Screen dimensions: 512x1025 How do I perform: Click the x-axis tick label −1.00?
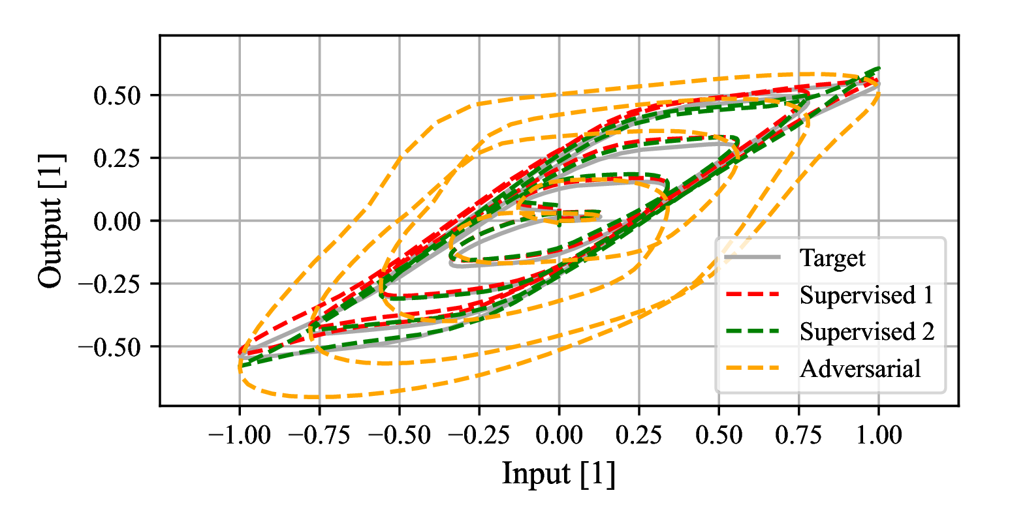(239, 435)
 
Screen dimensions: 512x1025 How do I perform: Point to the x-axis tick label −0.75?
(319, 435)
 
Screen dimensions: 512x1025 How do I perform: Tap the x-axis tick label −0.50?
(399, 435)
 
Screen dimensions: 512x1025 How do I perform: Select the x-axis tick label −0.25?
(479, 435)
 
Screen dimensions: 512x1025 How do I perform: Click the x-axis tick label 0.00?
(559, 435)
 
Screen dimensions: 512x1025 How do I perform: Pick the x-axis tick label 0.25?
(639, 435)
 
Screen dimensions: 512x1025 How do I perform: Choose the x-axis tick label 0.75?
(798, 435)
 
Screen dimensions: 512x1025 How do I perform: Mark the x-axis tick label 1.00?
(879, 435)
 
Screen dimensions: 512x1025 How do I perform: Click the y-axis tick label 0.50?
(118, 96)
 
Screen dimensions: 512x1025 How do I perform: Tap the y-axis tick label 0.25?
(118, 158)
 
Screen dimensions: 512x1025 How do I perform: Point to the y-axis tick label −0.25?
(110, 284)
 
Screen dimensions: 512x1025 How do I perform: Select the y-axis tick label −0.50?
(110, 347)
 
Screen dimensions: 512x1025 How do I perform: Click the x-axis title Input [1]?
(559, 474)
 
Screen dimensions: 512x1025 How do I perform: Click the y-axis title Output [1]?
(51, 220)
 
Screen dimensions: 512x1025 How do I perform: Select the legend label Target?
(832, 258)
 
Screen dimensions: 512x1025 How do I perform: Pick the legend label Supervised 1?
(867, 295)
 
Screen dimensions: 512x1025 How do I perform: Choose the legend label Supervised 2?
(867, 332)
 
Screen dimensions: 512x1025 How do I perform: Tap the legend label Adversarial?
(860, 369)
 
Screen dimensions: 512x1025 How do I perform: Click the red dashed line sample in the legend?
(753, 295)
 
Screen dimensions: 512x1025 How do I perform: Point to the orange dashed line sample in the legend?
(753, 369)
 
